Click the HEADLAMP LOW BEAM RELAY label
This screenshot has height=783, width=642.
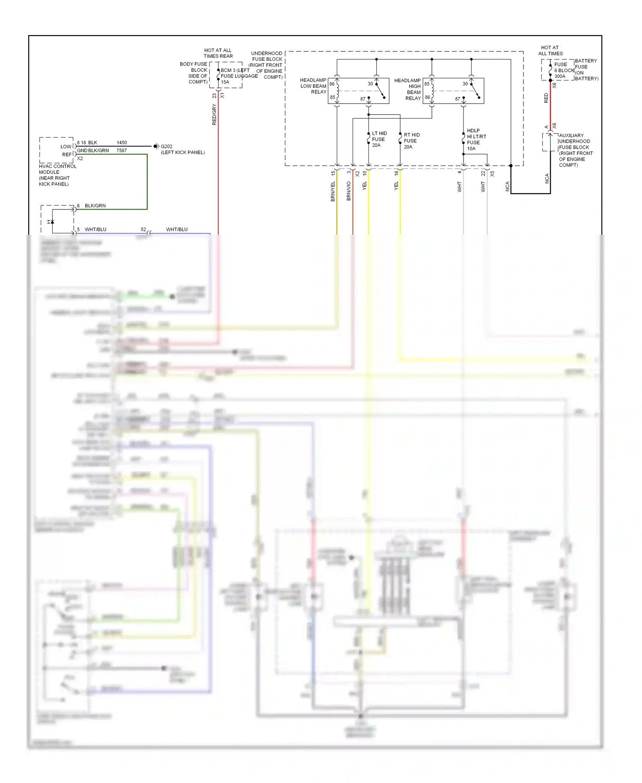(x=313, y=86)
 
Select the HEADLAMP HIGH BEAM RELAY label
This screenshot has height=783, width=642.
(x=408, y=89)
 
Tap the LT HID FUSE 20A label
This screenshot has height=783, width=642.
(x=379, y=139)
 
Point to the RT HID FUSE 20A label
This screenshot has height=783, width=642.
(x=411, y=140)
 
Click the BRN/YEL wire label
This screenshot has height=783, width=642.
(x=333, y=191)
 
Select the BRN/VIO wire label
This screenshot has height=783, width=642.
(x=349, y=191)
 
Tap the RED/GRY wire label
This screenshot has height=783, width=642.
(x=214, y=114)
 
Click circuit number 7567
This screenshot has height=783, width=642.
(x=122, y=151)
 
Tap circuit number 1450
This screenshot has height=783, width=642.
(x=122, y=143)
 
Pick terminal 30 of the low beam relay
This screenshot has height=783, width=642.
(x=370, y=84)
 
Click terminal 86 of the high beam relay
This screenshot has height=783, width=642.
(x=427, y=97)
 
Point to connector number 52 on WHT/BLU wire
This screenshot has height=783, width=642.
(x=143, y=230)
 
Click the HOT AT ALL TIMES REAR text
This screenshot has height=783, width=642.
(x=218, y=53)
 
